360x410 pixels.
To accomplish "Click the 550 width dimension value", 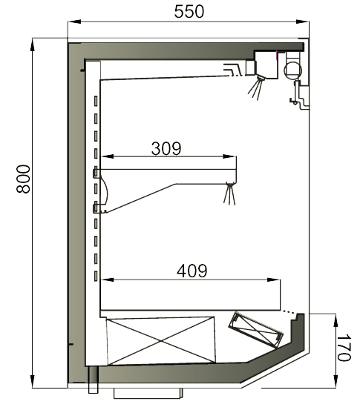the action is click(x=189, y=12).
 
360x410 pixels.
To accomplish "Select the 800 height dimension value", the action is click(x=23, y=179).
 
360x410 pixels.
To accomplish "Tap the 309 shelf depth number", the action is click(x=166, y=148).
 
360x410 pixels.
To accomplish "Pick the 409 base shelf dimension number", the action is click(x=192, y=271).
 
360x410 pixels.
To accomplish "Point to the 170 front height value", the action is click(x=344, y=347).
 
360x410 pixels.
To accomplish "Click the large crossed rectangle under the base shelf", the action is click(x=161, y=341).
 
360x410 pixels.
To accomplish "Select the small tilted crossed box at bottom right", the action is click(x=256, y=330).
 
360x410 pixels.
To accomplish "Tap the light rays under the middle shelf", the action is click(x=229, y=194).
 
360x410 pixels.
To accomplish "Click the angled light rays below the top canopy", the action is click(x=255, y=88).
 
